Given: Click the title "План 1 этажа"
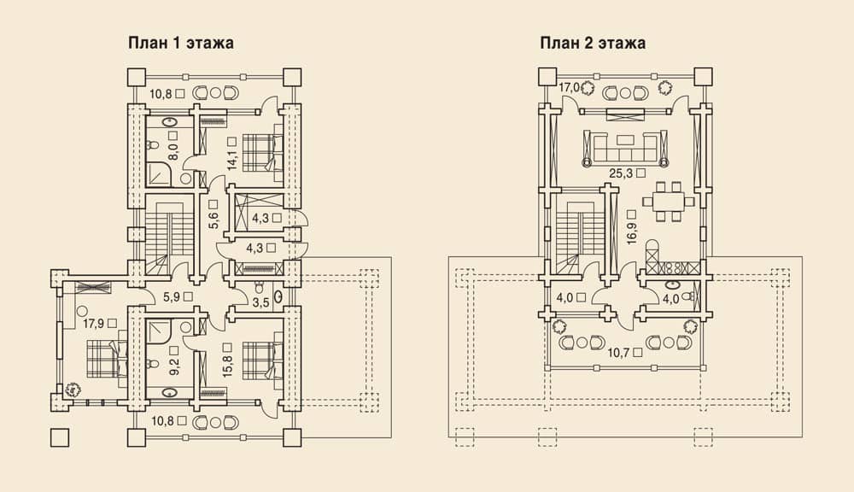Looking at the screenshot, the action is click(181, 43).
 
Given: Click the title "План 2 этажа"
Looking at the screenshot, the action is click(594, 43).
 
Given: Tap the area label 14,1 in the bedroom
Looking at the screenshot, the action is click(232, 157).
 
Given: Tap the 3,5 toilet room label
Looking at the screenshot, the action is click(261, 303).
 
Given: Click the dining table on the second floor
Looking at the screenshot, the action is click(668, 202).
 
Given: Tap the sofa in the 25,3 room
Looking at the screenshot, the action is click(625, 147).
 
